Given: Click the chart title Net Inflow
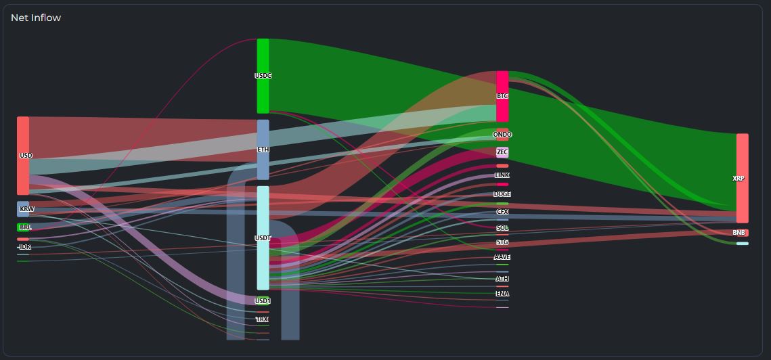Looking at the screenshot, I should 36,18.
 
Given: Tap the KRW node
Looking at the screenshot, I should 24,209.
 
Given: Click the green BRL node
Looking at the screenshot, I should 24,227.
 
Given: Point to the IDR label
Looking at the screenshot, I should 25,247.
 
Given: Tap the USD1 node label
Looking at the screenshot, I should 263,300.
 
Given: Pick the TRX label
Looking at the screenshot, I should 262,319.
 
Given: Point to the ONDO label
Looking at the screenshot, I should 502,135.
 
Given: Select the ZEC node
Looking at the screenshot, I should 502,152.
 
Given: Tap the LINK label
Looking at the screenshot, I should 502,175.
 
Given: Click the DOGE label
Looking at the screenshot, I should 502,194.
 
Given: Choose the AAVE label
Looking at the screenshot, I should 502,257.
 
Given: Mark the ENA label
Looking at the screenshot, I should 502,294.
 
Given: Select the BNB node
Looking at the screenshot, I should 740,233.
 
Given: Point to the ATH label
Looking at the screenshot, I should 502,279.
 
